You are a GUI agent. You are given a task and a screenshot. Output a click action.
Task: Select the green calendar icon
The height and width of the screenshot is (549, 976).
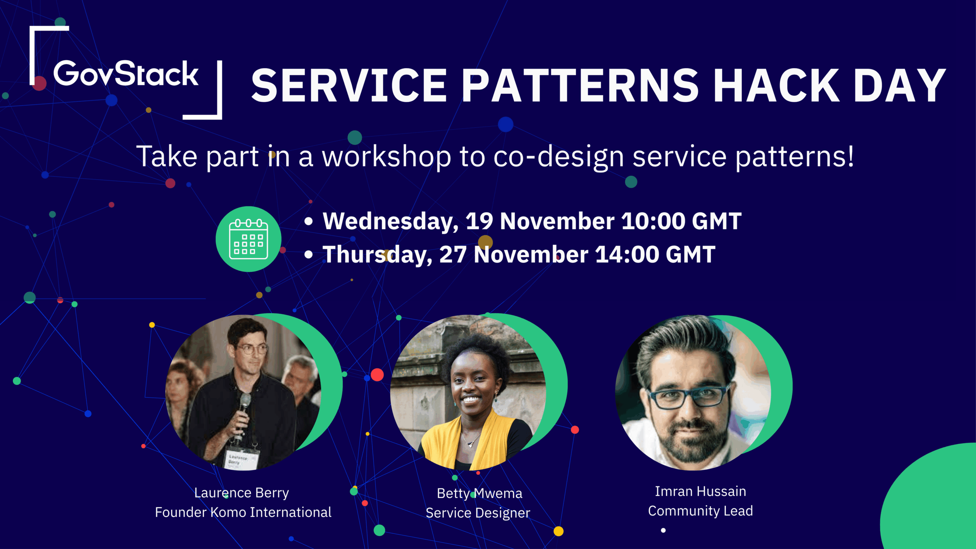249,239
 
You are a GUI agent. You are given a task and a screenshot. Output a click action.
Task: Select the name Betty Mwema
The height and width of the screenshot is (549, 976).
479,493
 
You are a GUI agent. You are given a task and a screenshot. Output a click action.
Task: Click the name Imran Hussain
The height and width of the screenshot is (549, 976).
700,491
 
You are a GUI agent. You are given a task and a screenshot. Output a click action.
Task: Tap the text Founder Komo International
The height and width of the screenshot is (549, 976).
243,512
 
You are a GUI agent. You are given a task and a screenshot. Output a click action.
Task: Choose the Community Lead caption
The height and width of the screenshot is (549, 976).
700,511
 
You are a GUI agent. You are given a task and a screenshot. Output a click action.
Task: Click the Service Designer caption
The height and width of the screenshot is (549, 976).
478,513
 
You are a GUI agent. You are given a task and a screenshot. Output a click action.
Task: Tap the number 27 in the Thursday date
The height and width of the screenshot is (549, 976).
453,255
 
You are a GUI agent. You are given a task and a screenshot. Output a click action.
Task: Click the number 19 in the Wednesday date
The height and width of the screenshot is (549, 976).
479,221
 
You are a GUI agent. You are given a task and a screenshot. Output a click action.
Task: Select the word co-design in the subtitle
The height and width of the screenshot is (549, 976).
559,156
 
